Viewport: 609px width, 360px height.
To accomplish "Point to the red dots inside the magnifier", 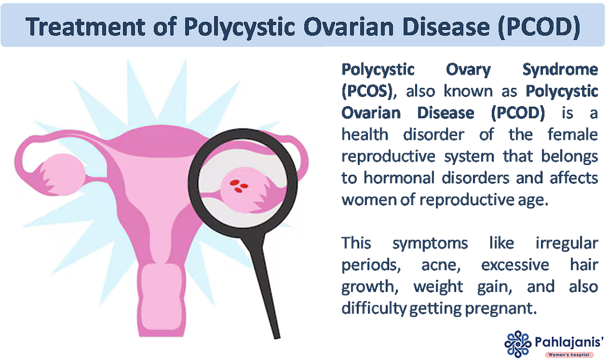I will click(236, 185).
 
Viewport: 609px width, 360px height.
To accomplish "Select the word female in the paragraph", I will click(567, 135).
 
